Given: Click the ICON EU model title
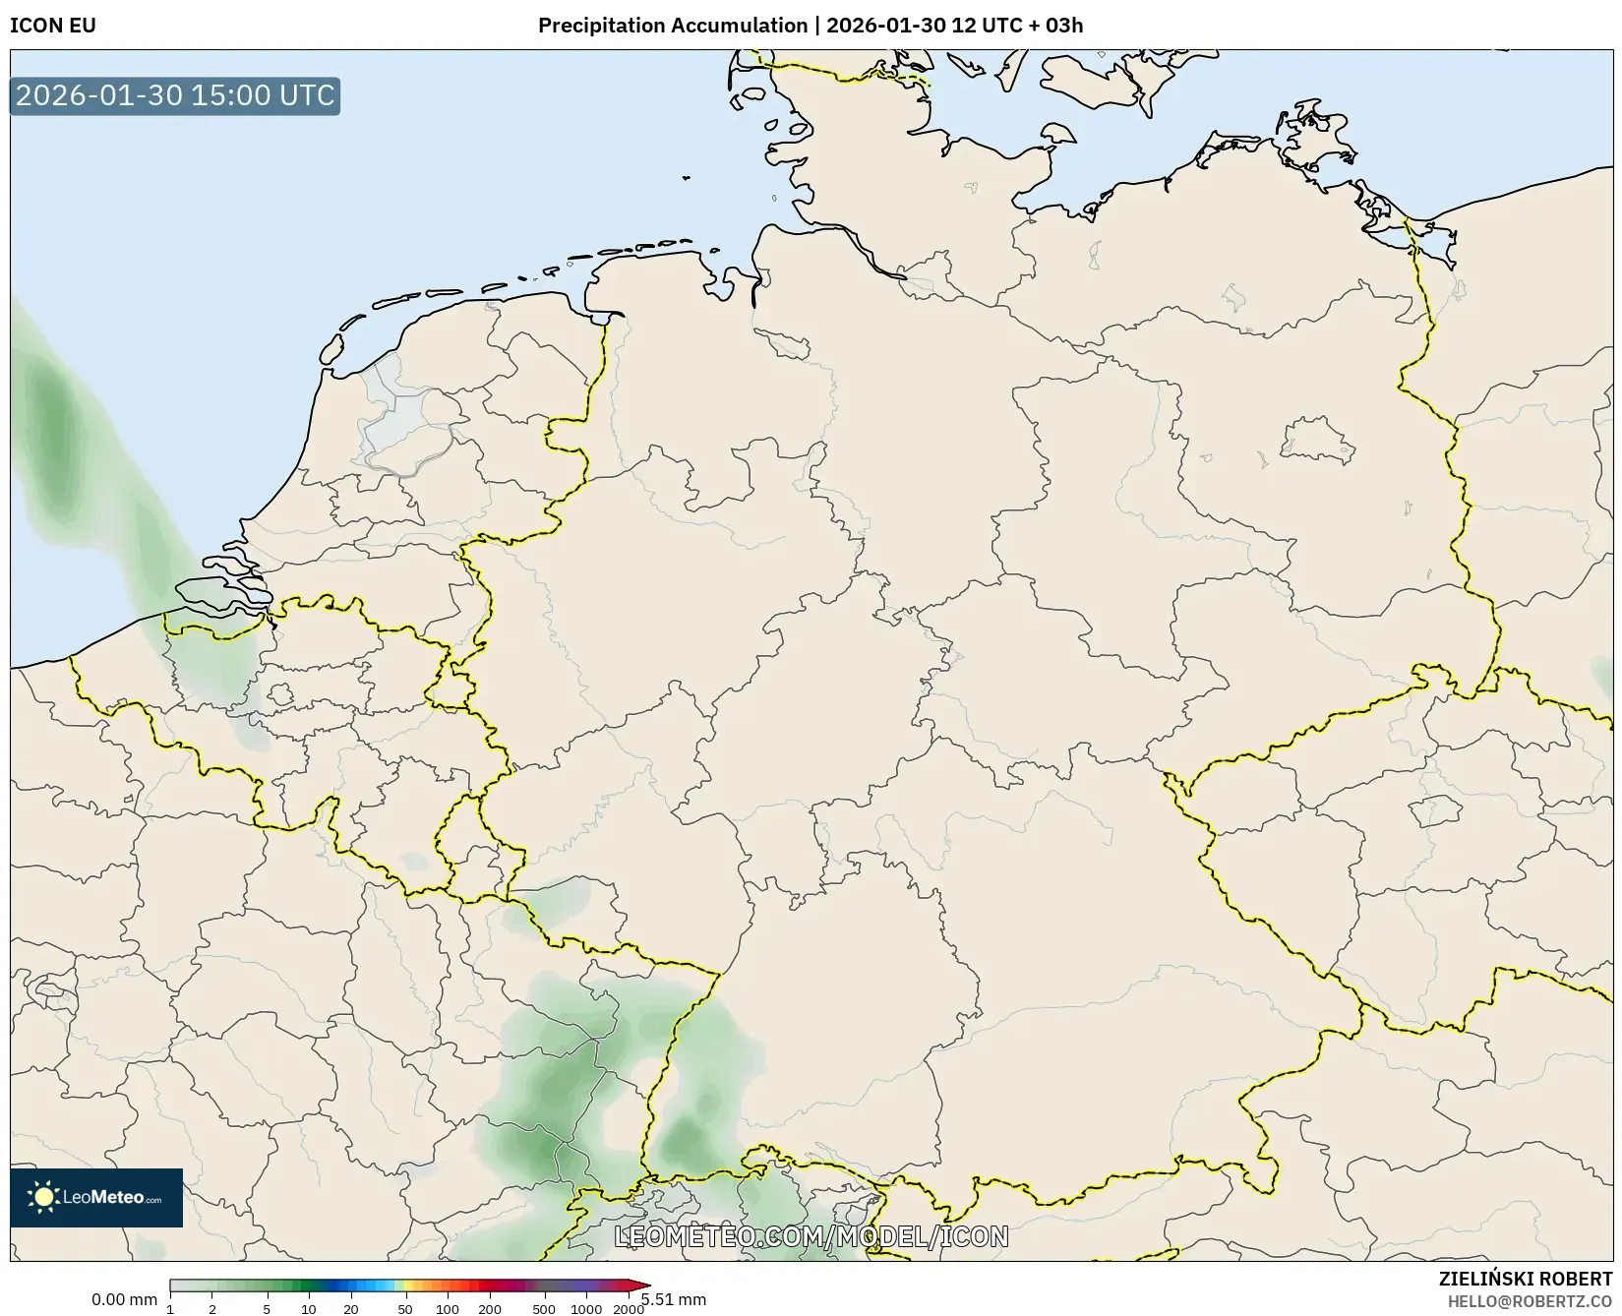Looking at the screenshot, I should click(x=53, y=26).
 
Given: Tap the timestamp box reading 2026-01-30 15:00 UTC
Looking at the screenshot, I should click(x=175, y=95).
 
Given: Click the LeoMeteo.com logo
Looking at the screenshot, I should click(x=96, y=1197).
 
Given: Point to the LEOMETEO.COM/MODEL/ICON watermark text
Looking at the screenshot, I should click(x=811, y=1236).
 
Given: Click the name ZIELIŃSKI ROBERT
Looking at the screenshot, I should click(x=1526, y=1280).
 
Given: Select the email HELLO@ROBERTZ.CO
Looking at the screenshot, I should click(x=1530, y=1301).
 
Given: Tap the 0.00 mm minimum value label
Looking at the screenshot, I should click(x=124, y=1299).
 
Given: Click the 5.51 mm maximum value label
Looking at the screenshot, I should click(x=675, y=1299).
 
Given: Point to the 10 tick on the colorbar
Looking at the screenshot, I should click(x=308, y=1309).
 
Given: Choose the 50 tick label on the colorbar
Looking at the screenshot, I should click(x=404, y=1309).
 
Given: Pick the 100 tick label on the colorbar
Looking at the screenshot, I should click(x=447, y=1309).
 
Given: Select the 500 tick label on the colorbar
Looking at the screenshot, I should click(x=543, y=1309).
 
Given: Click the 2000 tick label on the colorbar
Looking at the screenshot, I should click(x=628, y=1309).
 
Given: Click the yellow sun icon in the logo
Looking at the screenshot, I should click(x=43, y=1197).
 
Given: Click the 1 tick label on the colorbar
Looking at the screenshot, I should click(x=170, y=1309).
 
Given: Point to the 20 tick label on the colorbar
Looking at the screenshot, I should click(x=350, y=1309).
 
